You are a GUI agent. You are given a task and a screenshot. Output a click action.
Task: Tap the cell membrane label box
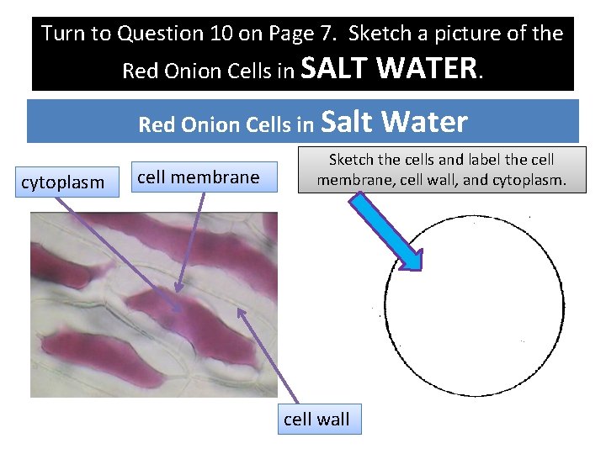pyautogui.click(x=198, y=177)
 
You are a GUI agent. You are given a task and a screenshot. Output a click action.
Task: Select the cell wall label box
pyautogui.click(x=316, y=420)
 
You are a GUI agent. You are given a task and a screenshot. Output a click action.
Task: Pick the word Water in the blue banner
pyautogui.click(x=426, y=123)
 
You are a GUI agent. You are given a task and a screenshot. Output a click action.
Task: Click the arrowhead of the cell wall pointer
pyautogui.click(x=240, y=310)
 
